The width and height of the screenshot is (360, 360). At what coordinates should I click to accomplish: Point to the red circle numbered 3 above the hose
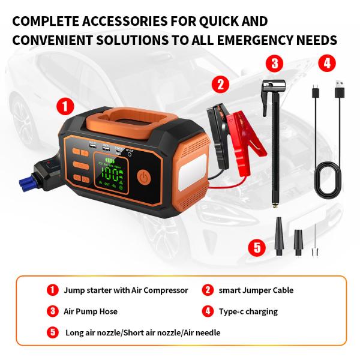pos(274,62)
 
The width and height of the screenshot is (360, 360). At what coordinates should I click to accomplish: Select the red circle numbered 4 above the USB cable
pos(326,62)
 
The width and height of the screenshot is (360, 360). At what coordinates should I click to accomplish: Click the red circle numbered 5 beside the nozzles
pos(256,247)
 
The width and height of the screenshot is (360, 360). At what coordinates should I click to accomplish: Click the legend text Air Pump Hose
pos(91,311)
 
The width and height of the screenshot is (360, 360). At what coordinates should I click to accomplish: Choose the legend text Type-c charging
pos(247,311)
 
